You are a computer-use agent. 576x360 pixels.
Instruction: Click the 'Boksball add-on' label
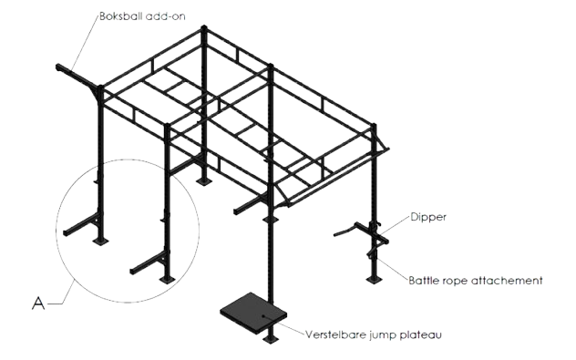coord(142,16)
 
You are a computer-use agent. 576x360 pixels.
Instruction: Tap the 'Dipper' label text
coord(428,217)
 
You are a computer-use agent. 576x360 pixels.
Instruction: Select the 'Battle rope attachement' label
coord(476,281)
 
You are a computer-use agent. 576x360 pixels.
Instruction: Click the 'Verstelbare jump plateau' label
coord(374,334)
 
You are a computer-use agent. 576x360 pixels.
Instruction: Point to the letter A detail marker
coord(38,303)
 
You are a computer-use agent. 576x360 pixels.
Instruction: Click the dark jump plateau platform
coord(253,312)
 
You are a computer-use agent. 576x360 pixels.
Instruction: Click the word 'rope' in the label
coord(454,282)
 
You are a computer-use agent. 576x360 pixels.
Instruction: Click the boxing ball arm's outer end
coord(58,67)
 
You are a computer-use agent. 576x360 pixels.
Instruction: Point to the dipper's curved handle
coord(344,232)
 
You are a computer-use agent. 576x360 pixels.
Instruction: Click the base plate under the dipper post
coord(374,280)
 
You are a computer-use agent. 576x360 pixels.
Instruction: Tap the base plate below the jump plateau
coord(271,339)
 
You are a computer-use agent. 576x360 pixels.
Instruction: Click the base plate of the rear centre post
coord(203,181)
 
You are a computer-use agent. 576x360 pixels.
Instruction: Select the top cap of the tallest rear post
coord(204,28)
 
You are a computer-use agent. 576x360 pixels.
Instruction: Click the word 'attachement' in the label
coord(507,281)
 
